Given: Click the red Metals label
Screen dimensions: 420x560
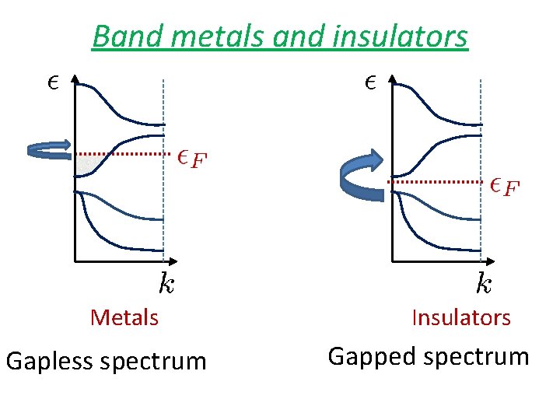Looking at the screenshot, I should (124, 317).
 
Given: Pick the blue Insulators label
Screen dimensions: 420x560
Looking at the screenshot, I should (461, 317).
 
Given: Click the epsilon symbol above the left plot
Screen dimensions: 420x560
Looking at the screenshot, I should (53, 82).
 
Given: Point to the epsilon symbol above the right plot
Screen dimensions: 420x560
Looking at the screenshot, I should (369, 81).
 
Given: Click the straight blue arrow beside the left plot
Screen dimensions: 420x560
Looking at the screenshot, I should (48, 150).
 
